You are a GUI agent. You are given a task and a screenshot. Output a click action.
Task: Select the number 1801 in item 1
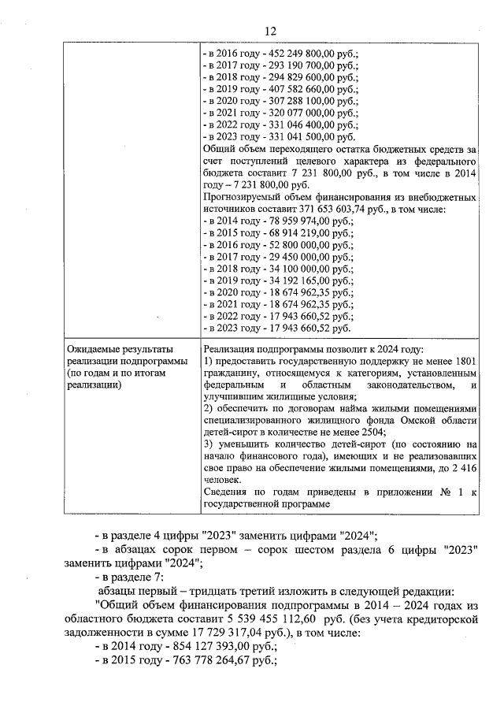click(x=465, y=361)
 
